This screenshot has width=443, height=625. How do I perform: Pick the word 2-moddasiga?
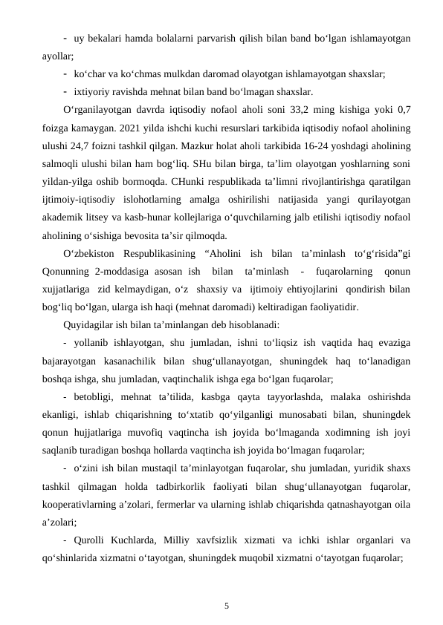pos(120,272)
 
